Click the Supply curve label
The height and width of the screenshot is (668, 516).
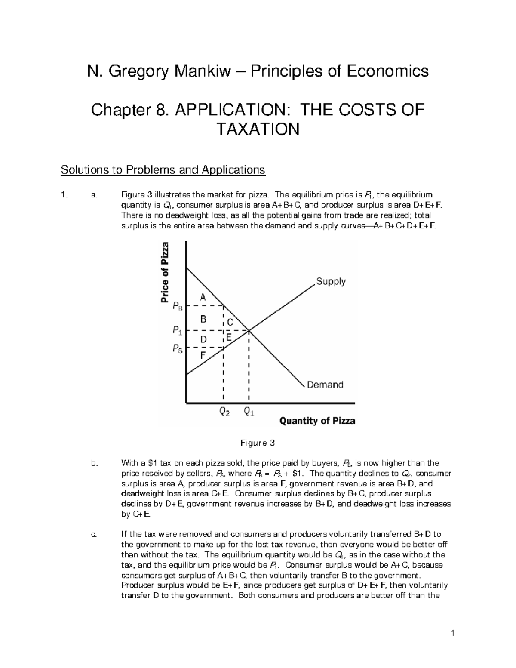331,282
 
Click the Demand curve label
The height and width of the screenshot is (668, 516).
325,385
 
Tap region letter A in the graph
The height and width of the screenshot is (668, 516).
203,297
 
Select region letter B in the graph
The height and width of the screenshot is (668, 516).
203,319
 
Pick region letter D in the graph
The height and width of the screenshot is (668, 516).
203,340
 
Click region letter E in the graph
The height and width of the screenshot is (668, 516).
229,338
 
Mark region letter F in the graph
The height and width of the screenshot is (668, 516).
203,356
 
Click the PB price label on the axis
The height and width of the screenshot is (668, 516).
178,306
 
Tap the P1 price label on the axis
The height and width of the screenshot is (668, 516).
177,330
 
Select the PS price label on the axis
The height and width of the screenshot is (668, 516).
178,348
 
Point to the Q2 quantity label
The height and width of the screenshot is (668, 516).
224,412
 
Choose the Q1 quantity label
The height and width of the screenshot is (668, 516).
249,412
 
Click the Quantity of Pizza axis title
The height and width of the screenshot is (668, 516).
317,421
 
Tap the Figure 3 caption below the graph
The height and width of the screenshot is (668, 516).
257,443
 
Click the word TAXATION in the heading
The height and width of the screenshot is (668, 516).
257,129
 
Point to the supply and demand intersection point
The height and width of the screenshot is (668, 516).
249,330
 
